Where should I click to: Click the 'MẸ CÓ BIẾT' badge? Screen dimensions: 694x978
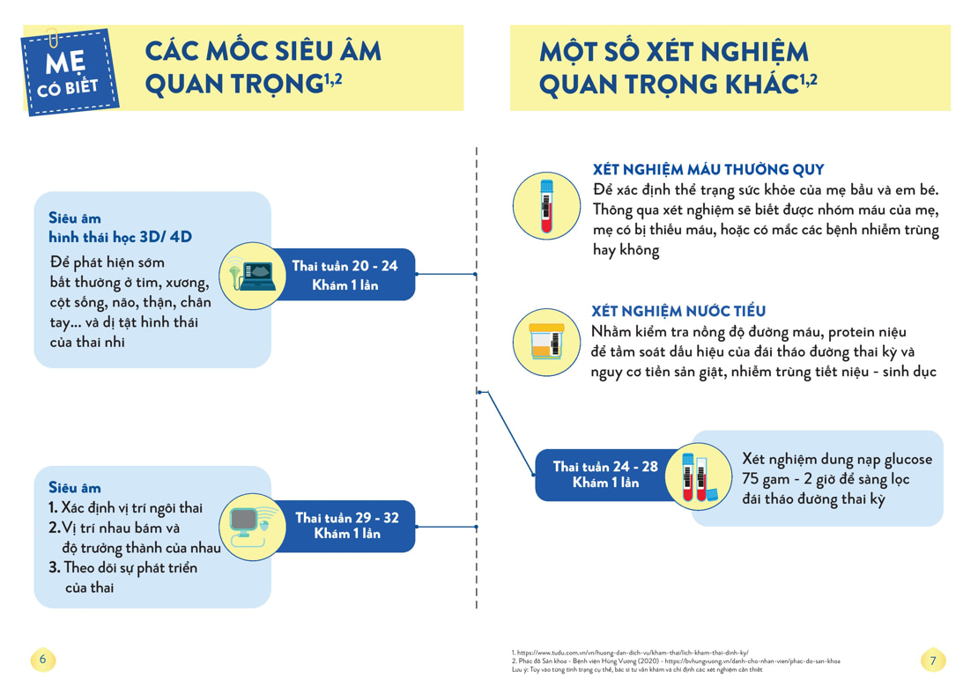point(70,72)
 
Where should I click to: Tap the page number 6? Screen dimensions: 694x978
point(41,659)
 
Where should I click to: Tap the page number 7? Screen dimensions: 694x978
point(933,660)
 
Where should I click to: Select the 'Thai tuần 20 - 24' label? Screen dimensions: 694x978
point(345,275)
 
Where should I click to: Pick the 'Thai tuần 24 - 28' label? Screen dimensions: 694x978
point(605,474)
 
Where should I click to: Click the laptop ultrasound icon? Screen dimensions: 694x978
point(251,275)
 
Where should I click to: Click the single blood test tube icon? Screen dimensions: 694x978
point(546,205)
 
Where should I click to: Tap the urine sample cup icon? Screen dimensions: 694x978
point(546,341)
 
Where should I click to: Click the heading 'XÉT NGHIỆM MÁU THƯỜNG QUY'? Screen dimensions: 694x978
point(708,170)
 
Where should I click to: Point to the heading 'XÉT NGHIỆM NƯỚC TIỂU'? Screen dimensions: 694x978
point(678,311)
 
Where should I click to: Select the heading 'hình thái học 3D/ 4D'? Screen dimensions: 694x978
point(120,237)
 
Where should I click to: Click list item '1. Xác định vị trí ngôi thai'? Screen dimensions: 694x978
point(125,508)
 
